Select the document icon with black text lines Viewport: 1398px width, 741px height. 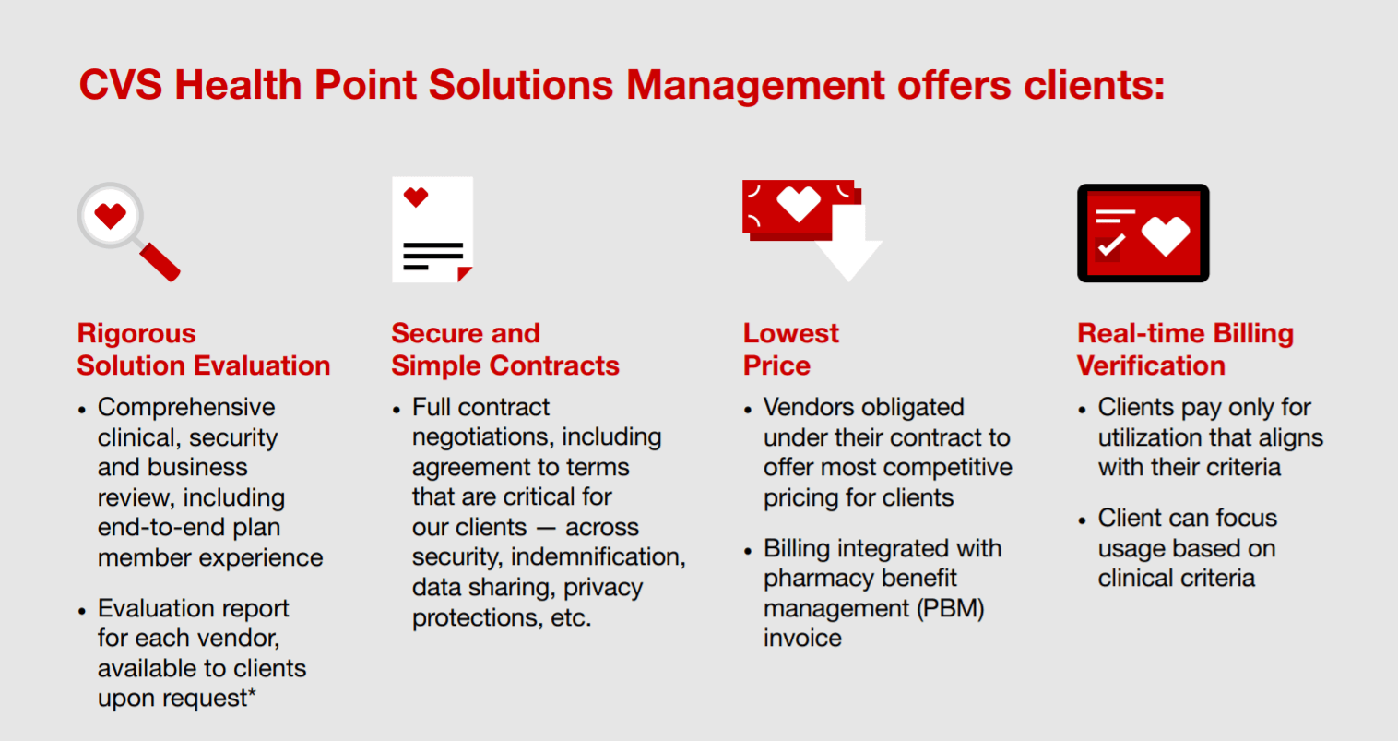point(432,231)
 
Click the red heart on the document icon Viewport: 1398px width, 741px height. point(416,197)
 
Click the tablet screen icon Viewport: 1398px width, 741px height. point(1143,233)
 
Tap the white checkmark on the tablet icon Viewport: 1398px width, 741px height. point(1110,245)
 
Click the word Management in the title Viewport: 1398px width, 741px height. point(755,85)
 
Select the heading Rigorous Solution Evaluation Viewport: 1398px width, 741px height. point(203,350)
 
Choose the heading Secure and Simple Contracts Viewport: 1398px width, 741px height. point(504,350)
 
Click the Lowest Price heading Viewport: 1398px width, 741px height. point(790,350)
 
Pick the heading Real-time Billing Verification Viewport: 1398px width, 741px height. point(1184,350)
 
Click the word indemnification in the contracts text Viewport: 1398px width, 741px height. point(598,557)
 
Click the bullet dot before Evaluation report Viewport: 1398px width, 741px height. point(82,611)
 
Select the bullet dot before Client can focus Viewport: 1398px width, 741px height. point(1082,520)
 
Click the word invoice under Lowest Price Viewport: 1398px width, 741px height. point(802,639)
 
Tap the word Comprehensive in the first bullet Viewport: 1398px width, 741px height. point(186,408)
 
